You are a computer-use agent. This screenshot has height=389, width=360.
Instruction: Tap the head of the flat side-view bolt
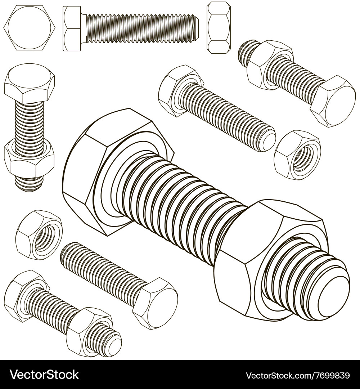click(72, 29)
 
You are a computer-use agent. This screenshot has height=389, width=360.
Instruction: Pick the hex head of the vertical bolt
click(29, 84)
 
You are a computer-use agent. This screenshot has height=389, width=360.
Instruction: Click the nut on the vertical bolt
click(29, 159)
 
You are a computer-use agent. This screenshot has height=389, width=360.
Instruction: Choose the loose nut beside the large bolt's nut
click(297, 155)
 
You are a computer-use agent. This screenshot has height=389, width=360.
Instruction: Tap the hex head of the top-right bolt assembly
click(333, 101)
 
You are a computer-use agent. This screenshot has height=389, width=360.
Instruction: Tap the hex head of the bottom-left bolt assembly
click(23, 295)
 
